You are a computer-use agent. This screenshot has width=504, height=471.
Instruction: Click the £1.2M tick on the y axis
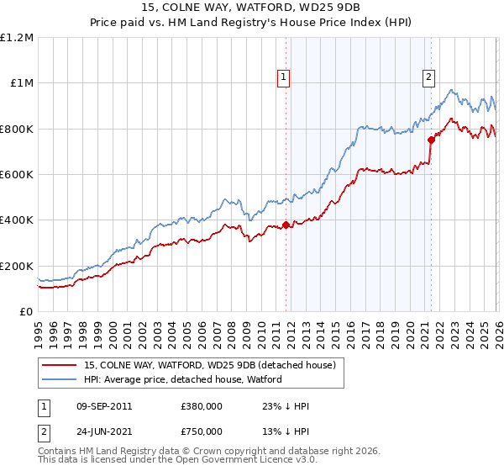point(17,37)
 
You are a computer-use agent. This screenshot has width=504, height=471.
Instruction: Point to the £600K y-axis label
point(17,175)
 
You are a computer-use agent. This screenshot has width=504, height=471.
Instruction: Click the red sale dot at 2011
point(286,225)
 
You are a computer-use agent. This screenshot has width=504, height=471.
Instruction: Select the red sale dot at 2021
point(431,140)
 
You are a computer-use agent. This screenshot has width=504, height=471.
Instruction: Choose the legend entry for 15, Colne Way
point(210,365)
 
